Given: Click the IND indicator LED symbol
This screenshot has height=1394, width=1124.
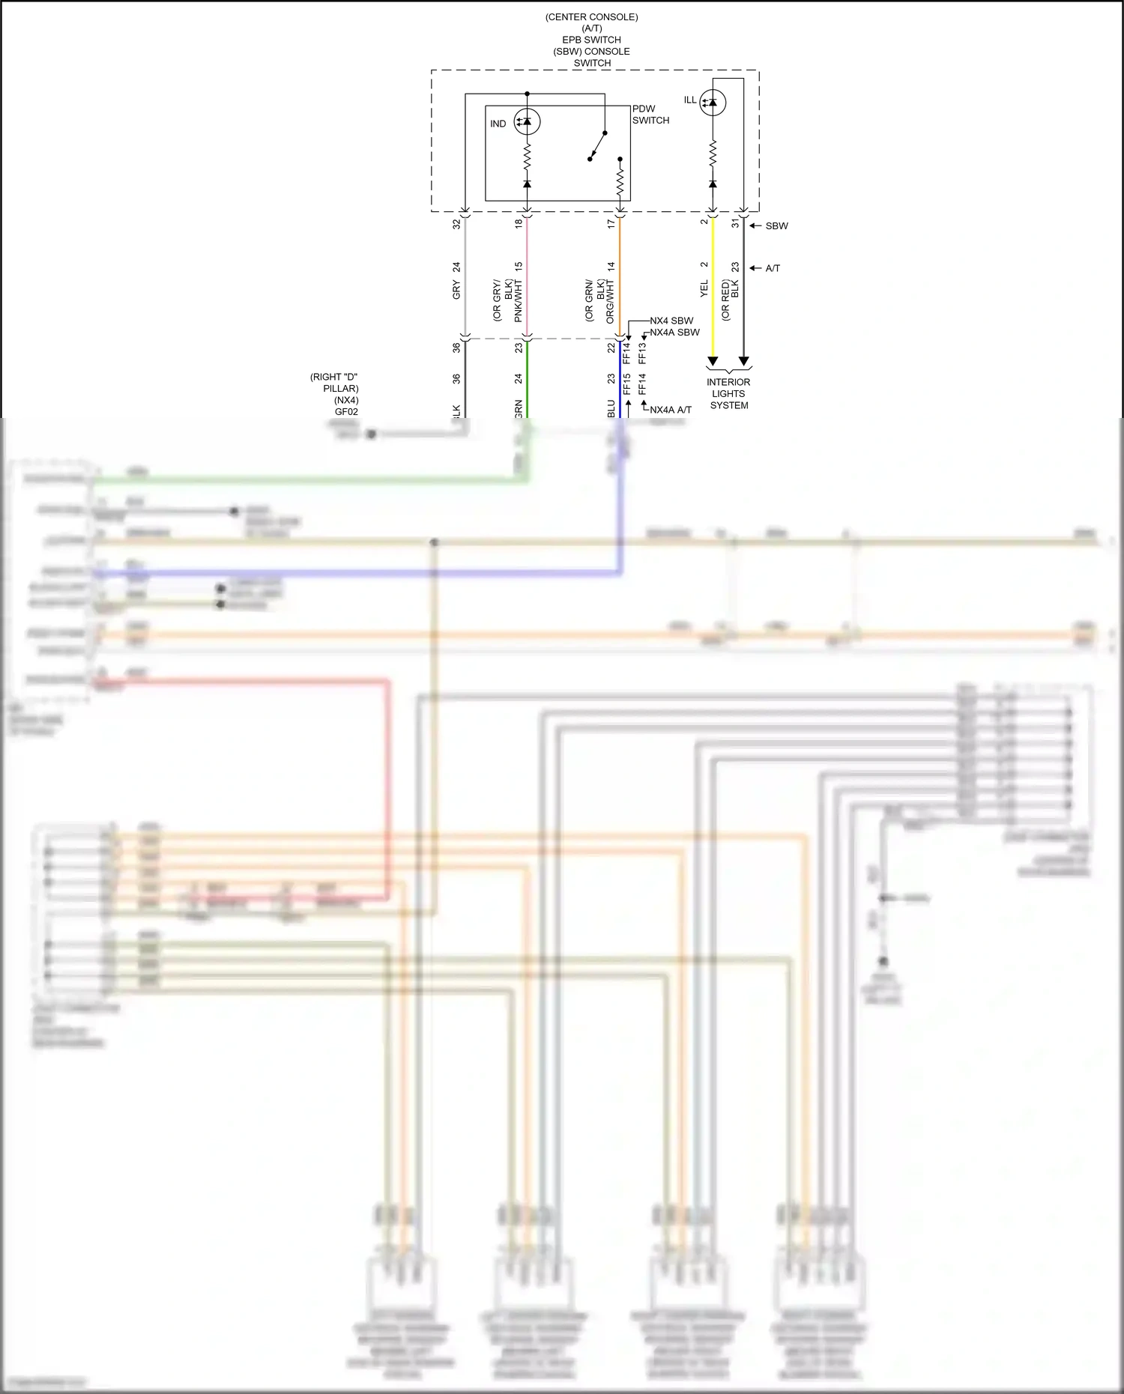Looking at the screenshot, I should coord(527,121).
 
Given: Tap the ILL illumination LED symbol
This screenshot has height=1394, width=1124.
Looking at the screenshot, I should coord(713,102).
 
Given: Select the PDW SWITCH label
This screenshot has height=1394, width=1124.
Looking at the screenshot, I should coord(650,115).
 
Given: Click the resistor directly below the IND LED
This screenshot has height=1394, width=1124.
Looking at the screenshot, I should coord(527,157).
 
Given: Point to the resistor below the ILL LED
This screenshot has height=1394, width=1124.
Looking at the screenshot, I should coord(713,154).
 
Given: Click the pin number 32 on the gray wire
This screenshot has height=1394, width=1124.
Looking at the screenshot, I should coord(456,223).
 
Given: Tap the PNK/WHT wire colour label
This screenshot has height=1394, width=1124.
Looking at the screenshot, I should coord(518,301).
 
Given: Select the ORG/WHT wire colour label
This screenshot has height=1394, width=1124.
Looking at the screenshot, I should coord(610,302).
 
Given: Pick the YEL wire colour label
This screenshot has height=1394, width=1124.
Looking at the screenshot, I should coord(704,288).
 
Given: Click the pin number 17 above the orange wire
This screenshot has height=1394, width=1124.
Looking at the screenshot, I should coord(611,223).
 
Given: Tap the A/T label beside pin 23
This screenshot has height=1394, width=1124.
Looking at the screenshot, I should coord(773,268).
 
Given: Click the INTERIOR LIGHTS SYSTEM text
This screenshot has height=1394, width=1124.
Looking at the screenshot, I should coord(728,393).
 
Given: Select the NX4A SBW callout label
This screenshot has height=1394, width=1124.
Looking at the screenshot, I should coord(674,332).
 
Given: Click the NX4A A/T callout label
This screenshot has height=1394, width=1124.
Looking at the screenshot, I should coord(671,410).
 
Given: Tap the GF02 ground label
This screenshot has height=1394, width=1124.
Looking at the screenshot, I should coord(346,411).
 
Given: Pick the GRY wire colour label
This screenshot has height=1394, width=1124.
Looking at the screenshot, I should coord(456,290).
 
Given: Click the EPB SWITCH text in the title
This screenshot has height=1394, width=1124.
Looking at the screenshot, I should coord(591,40).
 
